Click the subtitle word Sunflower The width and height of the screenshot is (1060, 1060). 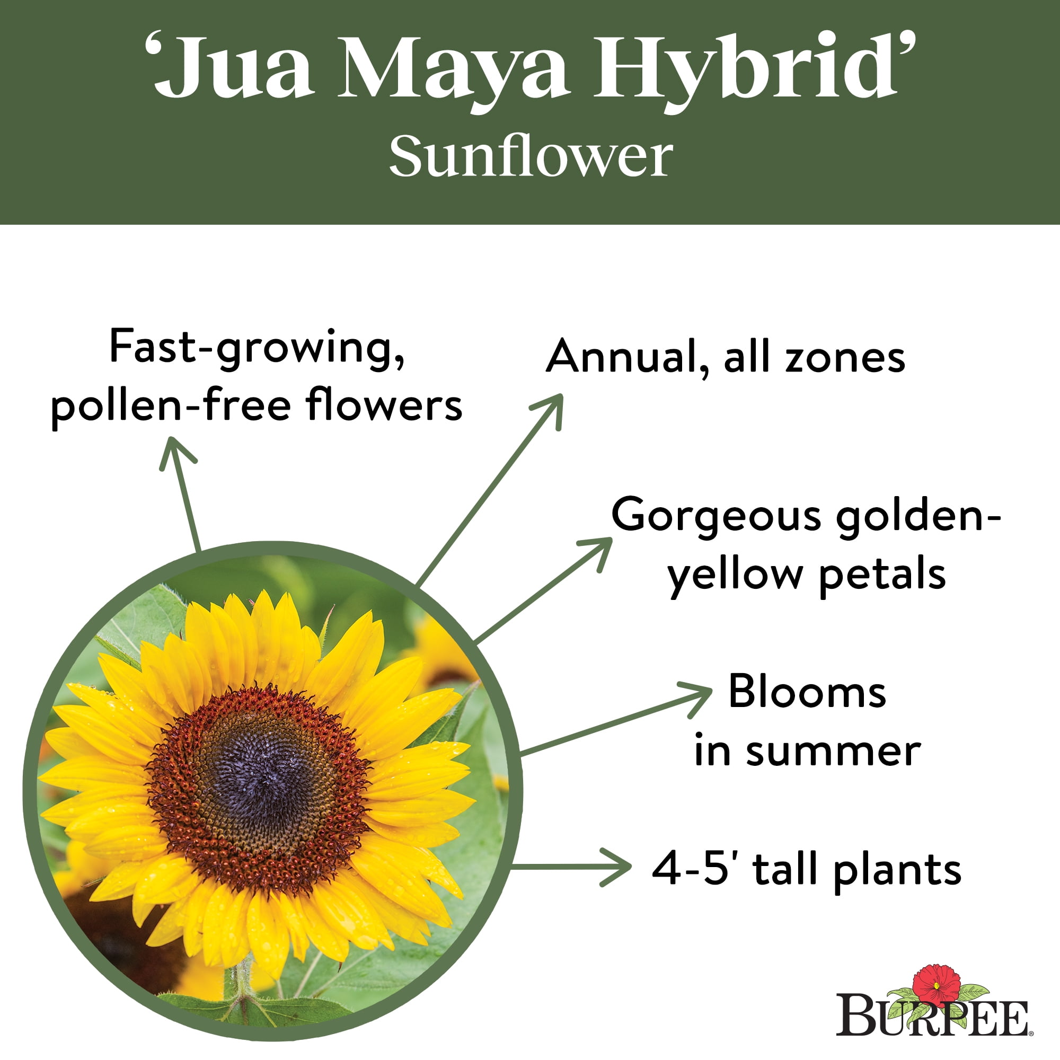(531, 157)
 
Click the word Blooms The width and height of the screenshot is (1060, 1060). (807, 692)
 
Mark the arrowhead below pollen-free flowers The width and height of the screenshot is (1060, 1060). (175, 453)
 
